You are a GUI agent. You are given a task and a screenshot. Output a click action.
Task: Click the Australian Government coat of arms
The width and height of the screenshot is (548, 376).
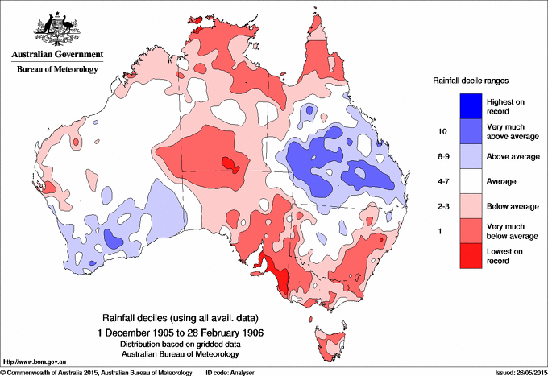pyautogui.click(x=56, y=29)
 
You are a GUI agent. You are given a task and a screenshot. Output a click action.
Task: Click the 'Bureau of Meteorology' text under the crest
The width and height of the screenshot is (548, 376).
pyautogui.click(x=57, y=69)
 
